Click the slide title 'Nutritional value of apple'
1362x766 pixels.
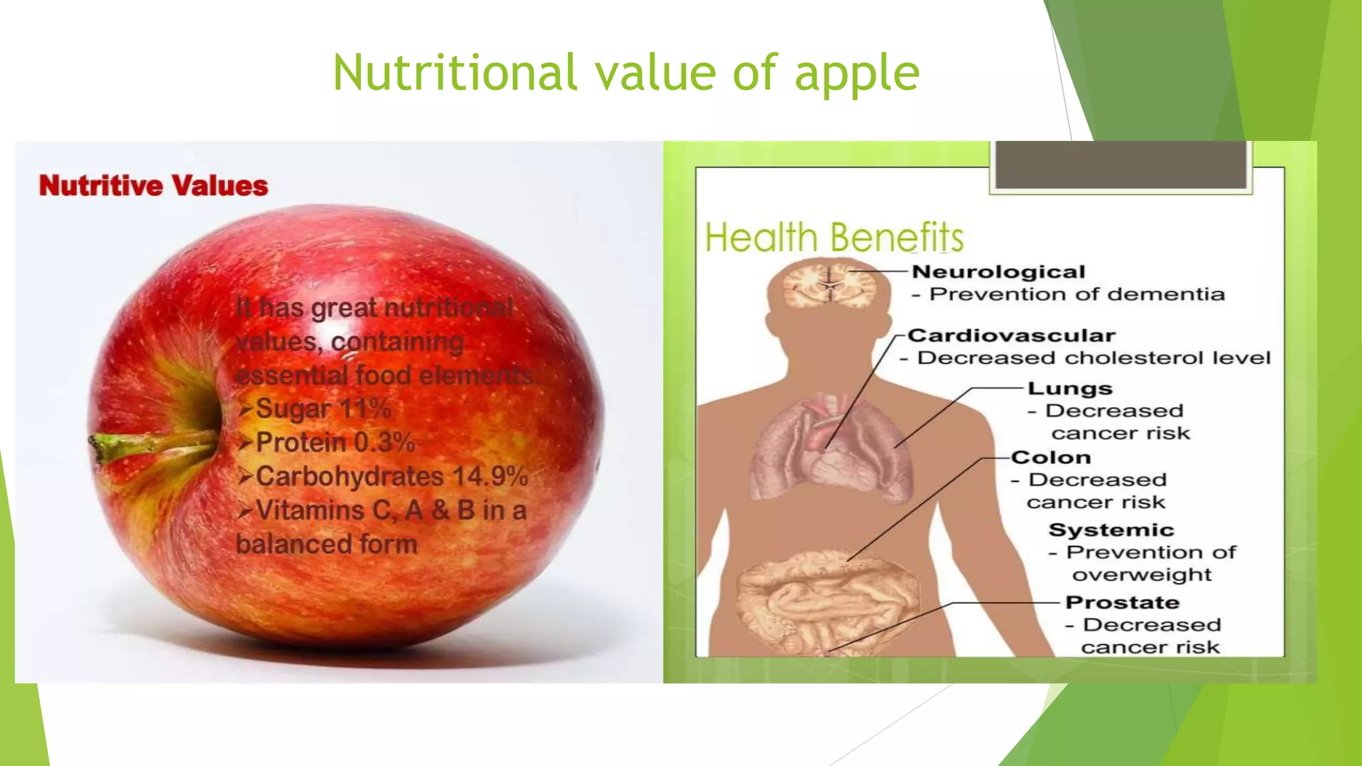click(626, 72)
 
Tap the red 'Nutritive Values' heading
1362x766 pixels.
click(154, 186)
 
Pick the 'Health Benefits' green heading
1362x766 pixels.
click(834, 237)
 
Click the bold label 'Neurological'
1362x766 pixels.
click(998, 272)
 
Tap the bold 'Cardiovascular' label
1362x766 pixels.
click(1012, 336)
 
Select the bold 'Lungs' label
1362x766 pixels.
click(1069, 389)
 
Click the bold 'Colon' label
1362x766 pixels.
click(1051, 457)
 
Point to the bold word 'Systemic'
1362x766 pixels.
click(1111, 530)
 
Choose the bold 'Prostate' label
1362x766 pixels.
click(1122, 602)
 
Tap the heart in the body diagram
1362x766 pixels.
click(828, 459)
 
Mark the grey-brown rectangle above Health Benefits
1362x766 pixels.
click(1120, 164)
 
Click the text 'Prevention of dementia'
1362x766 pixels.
click(1077, 295)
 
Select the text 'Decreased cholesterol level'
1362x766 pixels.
click(1093, 358)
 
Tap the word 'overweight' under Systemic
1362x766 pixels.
click(1142, 574)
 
